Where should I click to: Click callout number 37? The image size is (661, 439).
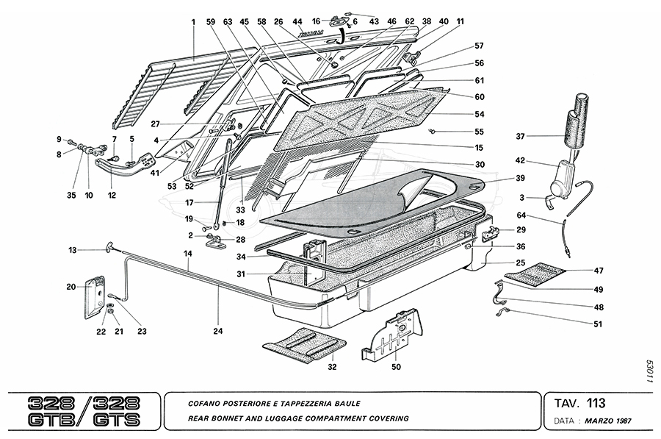point(521,136)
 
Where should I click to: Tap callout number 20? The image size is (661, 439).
point(71,287)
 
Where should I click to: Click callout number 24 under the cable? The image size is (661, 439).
point(217,330)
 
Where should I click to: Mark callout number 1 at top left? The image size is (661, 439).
point(193,22)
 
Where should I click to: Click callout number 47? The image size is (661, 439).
point(599,271)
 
